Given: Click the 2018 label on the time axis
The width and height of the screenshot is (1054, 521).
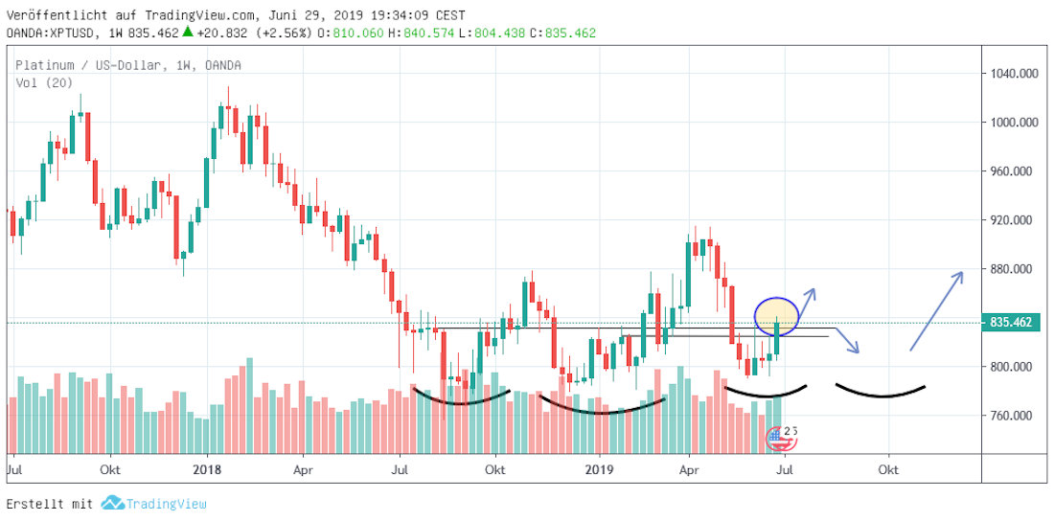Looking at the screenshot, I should coord(208,470).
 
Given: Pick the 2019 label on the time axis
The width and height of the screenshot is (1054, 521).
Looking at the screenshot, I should coord(598,470).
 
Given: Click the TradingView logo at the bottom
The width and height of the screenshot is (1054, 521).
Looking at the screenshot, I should coord(154,504).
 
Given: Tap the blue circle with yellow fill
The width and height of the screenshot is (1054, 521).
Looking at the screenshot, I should coord(776,315).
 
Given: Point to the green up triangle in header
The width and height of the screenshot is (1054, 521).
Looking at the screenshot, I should coord(190,32).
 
